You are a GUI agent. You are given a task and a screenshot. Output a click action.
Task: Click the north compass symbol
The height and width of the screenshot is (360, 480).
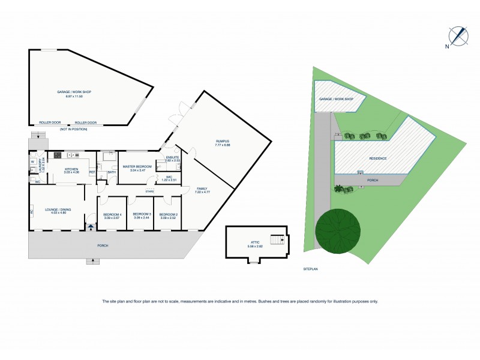(x=460, y=36)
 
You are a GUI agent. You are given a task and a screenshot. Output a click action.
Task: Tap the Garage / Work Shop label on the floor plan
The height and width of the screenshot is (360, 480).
(x=74, y=92)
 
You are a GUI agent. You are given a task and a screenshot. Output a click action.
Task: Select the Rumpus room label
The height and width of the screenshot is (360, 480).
(x=223, y=143)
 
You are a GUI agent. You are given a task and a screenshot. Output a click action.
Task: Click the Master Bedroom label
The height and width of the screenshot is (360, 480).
(x=136, y=166)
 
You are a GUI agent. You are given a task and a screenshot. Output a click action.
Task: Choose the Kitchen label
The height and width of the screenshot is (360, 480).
(x=71, y=169)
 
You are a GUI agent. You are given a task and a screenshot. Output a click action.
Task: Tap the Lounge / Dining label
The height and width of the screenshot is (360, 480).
(x=55, y=209)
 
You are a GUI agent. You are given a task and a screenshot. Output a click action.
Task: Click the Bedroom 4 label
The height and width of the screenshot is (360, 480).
(x=112, y=214)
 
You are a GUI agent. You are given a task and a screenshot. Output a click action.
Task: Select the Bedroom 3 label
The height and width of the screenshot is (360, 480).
(x=141, y=214)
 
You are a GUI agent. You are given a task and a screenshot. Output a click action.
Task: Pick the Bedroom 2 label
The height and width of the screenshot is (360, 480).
(x=169, y=214)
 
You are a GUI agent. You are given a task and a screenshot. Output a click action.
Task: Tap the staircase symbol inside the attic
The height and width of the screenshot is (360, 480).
(x=277, y=240)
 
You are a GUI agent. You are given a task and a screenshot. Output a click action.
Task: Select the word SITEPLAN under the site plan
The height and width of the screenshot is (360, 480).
(x=310, y=269)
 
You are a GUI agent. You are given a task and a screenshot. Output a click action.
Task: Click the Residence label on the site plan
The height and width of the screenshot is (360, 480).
(x=378, y=158)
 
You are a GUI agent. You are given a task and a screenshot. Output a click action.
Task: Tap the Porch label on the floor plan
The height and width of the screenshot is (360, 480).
(x=103, y=245)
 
